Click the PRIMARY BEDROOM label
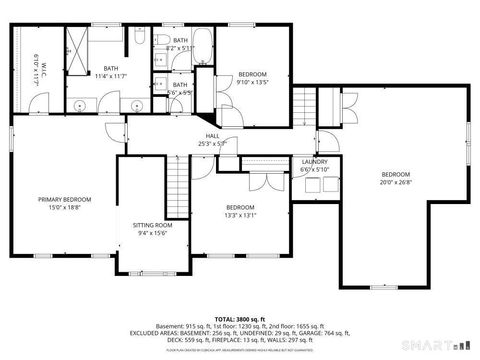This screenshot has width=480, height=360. pyautogui.click(x=63, y=199)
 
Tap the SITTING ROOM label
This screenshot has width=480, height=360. pyautogui.click(x=153, y=226)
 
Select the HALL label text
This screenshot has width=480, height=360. pyautogui.click(x=212, y=136)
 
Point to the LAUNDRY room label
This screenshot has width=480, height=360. pyautogui.click(x=315, y=162)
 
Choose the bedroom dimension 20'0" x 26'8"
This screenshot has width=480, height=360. pyautogui.click(x=395, y=183)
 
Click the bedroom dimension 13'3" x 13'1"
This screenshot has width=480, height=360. pyautogui.click(x=241, y=214)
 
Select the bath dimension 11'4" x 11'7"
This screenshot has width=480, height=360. pyautogui.click(x=110, y=76)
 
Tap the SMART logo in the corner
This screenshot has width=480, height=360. pyautogui.click(x=445, y=345)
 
